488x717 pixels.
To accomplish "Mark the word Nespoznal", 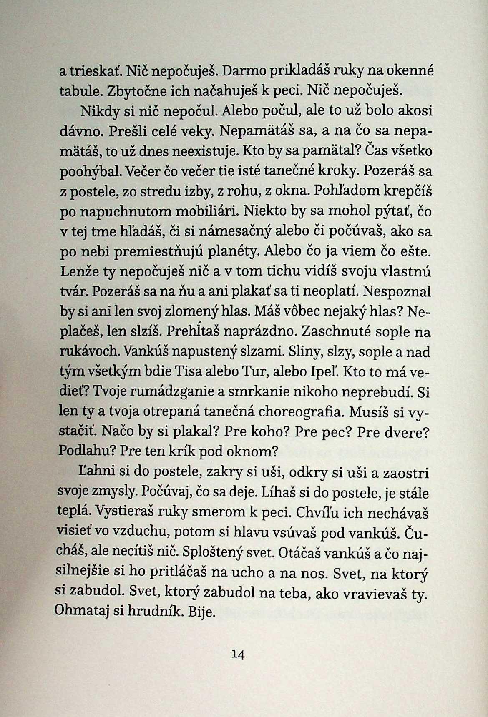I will [x=397, y=291].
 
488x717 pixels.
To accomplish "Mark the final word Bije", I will [x=202, y=612].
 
